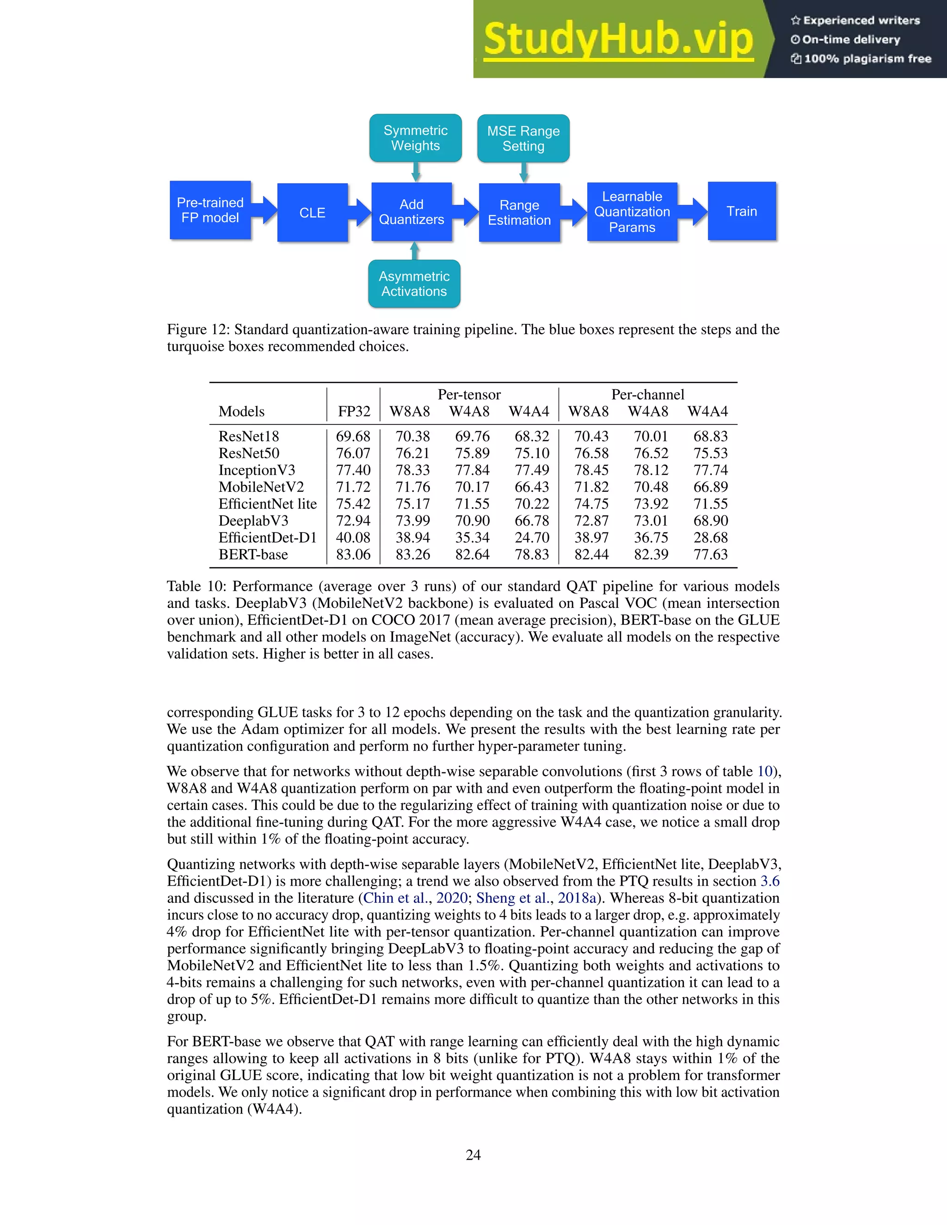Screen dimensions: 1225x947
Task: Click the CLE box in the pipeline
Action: pyautogui.click(x=313, y=213)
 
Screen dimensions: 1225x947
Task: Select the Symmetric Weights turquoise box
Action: pyautogui.click(x=415, y=138)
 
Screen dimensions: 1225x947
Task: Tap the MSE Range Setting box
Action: pyautogui.click(x=523, y=139)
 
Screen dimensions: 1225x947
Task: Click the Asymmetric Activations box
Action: pyautogui.click(x=414, y=284)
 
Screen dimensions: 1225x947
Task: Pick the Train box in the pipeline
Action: pyautogui.click(x=742, y=211)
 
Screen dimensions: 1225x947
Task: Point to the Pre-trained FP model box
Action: pyautogui.click(x=210, y=210)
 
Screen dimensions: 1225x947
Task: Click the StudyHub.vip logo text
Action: pyautogui.click(x=618, y=39)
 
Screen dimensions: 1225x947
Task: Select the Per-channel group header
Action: pyautogui.click(x=647, y=394)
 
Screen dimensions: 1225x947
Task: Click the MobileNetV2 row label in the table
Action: pyautogui.click(x=261, y=487)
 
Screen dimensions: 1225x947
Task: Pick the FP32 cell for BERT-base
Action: pyautogui.click(x=353, y=554)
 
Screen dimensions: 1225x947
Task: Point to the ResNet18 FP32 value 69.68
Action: pyautogui.click(x=353, y=436)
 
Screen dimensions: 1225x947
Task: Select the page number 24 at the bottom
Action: pyautogui.click(x=473, y=1155)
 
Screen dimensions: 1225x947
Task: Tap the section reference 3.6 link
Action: pyautogui.click(x=770, y=881)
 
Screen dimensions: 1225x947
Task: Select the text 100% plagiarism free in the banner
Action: pyautogui.click(x=867, y=59)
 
